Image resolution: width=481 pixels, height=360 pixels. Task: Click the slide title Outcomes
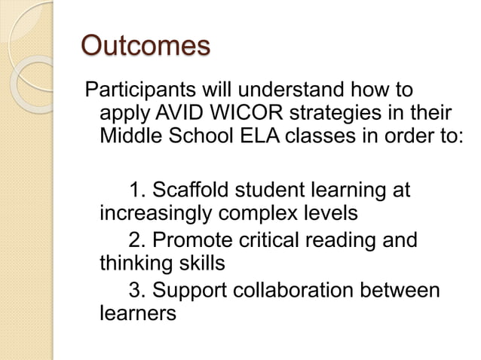pyautogui.click(x=145, y=47)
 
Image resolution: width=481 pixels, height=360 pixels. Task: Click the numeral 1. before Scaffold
pyautogui.click(x=138, y=189)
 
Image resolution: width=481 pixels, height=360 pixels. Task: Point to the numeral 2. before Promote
pyautogui.click(x=138, y=240)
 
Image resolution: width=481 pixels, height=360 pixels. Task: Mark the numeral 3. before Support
pyautogui.click(x=138, y=288)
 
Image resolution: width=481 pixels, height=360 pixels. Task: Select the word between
pyautogui.click(x=402, y=288)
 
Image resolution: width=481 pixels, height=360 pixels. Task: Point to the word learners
pyautogui.click(x=138, y=313)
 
